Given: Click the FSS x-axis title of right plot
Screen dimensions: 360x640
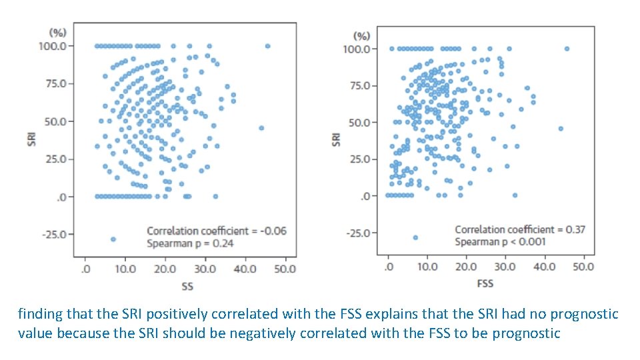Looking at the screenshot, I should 485,283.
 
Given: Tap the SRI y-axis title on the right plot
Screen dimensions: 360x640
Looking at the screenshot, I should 336,139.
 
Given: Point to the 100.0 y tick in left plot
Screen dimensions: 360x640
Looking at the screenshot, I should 53,46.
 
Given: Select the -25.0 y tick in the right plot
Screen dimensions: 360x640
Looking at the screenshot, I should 357,233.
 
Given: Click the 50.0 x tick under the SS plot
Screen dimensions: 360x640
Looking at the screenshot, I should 285,269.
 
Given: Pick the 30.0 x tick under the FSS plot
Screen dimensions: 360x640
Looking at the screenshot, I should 505,267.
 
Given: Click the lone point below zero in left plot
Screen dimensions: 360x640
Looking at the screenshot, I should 113,239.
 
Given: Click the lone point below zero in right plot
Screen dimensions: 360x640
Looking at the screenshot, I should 415,237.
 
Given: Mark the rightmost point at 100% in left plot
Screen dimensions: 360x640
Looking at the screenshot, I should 267,46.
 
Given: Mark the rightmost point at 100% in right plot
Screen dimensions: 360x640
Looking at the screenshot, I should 567,49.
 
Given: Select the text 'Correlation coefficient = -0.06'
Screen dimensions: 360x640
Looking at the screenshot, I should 216,231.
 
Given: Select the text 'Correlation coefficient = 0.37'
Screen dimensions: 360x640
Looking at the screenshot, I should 520,229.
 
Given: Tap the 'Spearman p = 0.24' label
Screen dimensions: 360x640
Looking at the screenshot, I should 190,243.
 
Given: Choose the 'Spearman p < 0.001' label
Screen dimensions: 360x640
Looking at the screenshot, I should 500,242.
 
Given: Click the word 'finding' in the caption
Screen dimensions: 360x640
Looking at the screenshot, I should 39,314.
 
